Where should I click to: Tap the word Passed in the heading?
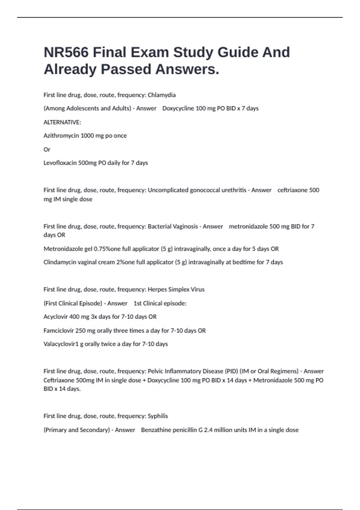point(126,69)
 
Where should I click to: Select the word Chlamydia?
point(162,95)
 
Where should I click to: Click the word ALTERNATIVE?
point(62,122)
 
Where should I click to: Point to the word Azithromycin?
point(61,136)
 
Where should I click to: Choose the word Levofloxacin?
point(60,163)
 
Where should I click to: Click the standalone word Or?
point(47,149)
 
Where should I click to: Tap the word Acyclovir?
point(55,317)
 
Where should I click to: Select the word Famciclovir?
point(58,331)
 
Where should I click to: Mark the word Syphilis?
point(158,416)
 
